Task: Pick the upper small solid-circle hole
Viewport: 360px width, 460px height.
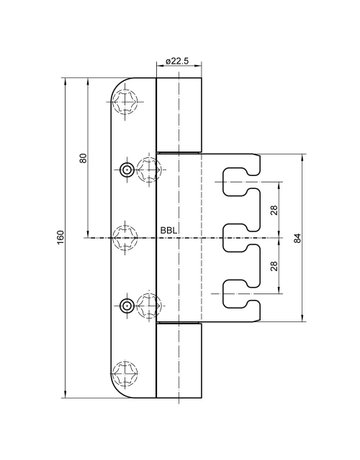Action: (x=128, y=170)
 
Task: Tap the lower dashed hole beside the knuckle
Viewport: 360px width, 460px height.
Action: (x=148, y=307)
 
